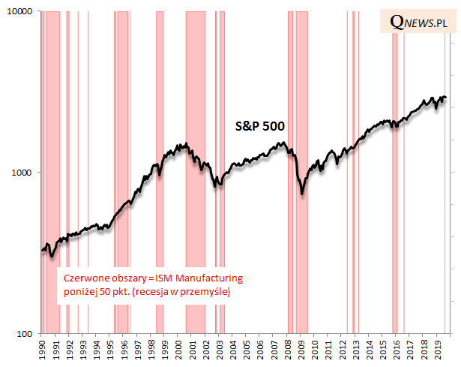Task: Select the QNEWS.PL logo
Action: click(420, 23)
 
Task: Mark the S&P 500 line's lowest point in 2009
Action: click(302, 194)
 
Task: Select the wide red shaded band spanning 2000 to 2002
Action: click(196, 225)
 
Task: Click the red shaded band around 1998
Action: click(160, 225)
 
